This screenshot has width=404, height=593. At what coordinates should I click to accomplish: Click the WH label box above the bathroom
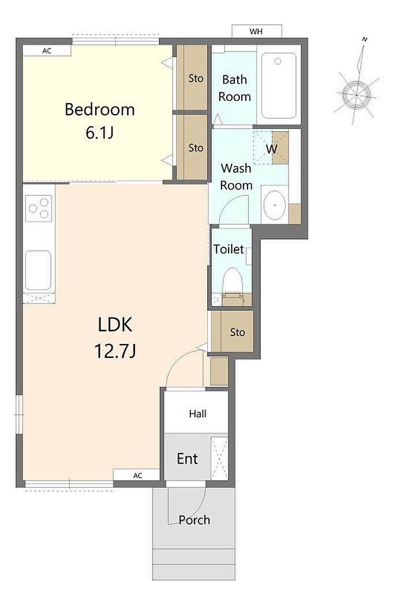[257, 31]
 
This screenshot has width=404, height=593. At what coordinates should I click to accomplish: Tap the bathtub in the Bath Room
[279, 85]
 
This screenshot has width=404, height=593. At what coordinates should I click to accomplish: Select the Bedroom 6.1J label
[100, 120]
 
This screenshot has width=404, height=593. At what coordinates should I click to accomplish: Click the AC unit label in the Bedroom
[47, 51]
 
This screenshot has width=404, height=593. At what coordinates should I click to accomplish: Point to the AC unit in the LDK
[137, 475]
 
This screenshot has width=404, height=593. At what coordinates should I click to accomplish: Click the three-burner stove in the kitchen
[39, 209]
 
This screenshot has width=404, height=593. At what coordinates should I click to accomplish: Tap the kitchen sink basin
[38, 270]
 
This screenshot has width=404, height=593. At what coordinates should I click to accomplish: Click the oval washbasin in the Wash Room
[275, 205]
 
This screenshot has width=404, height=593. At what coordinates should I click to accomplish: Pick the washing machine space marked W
[271, 148]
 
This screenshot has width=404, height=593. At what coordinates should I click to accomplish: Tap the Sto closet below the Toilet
[232, 331]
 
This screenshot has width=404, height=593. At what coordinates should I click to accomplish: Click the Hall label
[197, 413]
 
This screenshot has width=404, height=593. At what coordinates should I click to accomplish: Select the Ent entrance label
[188, 459]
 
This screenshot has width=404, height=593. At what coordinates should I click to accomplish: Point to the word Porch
[194, 520]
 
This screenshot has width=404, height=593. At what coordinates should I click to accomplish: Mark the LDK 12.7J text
[115, 338]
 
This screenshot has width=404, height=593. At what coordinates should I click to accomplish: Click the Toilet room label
[229, 249]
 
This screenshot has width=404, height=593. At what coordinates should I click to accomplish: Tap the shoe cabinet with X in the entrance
[219, 458]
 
